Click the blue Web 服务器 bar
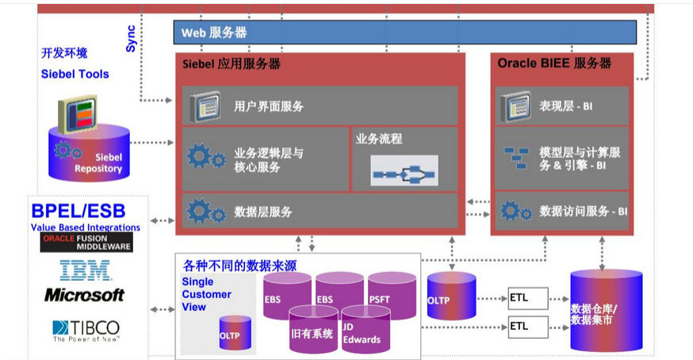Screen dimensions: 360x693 405,33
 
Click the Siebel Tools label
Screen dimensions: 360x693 75,74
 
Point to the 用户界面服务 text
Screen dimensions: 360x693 269,105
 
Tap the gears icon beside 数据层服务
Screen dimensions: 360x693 205,211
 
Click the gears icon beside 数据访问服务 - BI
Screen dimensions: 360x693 516,211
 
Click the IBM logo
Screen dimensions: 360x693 86,270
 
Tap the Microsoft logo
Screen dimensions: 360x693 85,295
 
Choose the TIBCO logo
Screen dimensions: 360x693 86,329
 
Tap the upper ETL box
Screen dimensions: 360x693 519,299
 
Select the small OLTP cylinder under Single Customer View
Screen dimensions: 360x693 235,333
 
